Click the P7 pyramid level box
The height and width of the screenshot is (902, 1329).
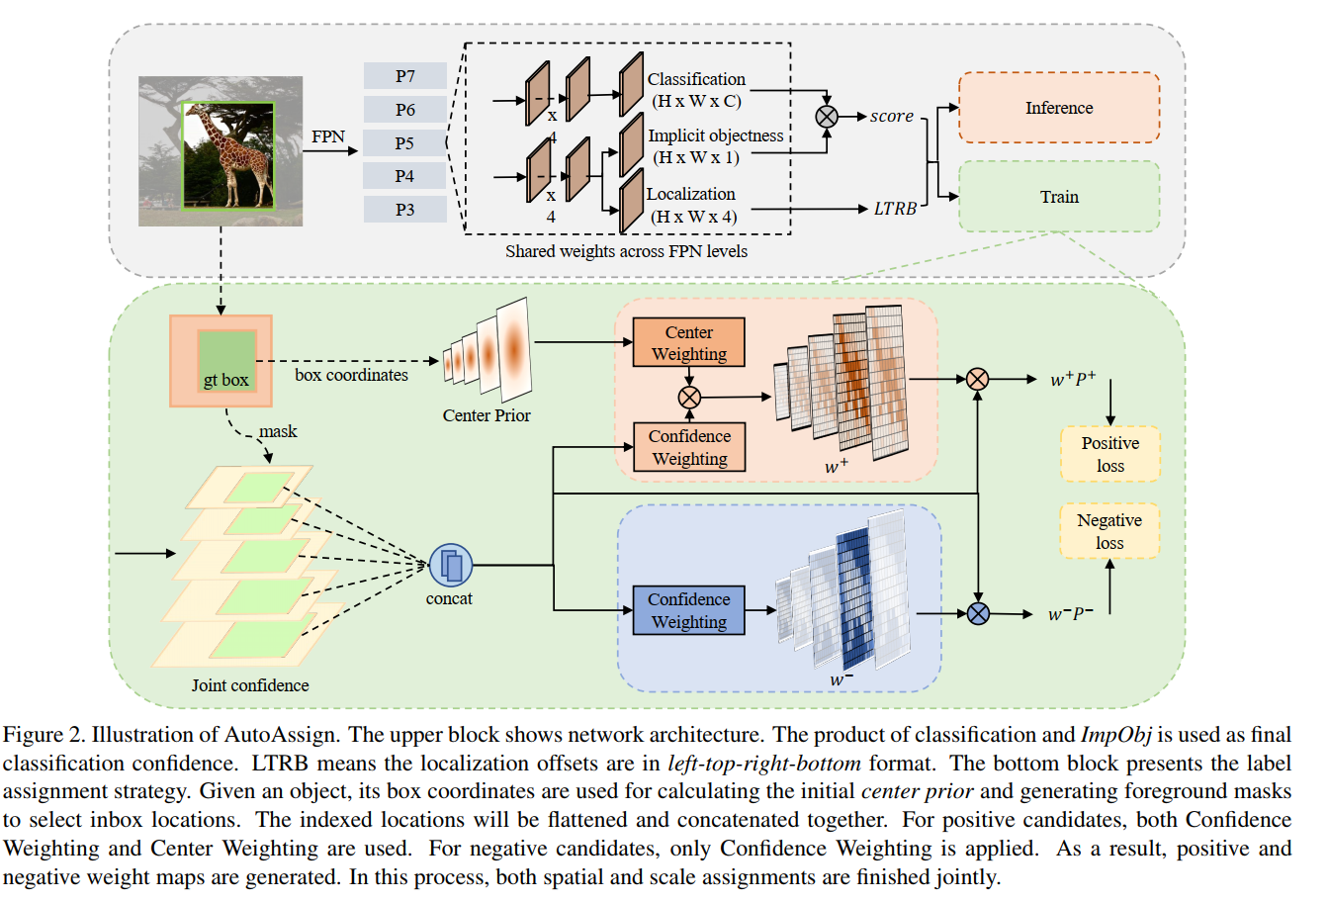click(404, 76)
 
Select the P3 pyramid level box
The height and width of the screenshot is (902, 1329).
click(404, 210)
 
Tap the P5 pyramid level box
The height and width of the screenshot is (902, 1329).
click(404, 143)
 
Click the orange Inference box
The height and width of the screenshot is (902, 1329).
click(1058, 108)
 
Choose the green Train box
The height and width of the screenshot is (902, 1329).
click(1058, 197)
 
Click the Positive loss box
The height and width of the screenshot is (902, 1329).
click(1109, 454)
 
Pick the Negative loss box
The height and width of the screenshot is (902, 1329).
click(1108, 531)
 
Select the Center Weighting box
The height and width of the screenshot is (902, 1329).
click(688, 343)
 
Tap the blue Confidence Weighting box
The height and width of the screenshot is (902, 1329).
click(688, 610)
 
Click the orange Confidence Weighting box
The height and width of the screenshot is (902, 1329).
click(689, 447)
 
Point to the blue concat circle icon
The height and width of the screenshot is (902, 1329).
click(451, 566)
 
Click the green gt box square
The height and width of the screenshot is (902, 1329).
click(226, 362)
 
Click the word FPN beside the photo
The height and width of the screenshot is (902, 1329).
click(328, 136)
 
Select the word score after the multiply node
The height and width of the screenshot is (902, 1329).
click(891, 117)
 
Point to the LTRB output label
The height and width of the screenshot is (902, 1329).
click(895, 209)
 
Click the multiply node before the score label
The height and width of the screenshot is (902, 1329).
click(826, 117)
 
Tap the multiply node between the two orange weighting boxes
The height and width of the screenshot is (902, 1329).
click(689, 398)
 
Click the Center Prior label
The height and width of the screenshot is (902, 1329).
click(487, 415)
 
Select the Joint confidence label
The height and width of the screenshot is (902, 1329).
click(250, 685)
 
